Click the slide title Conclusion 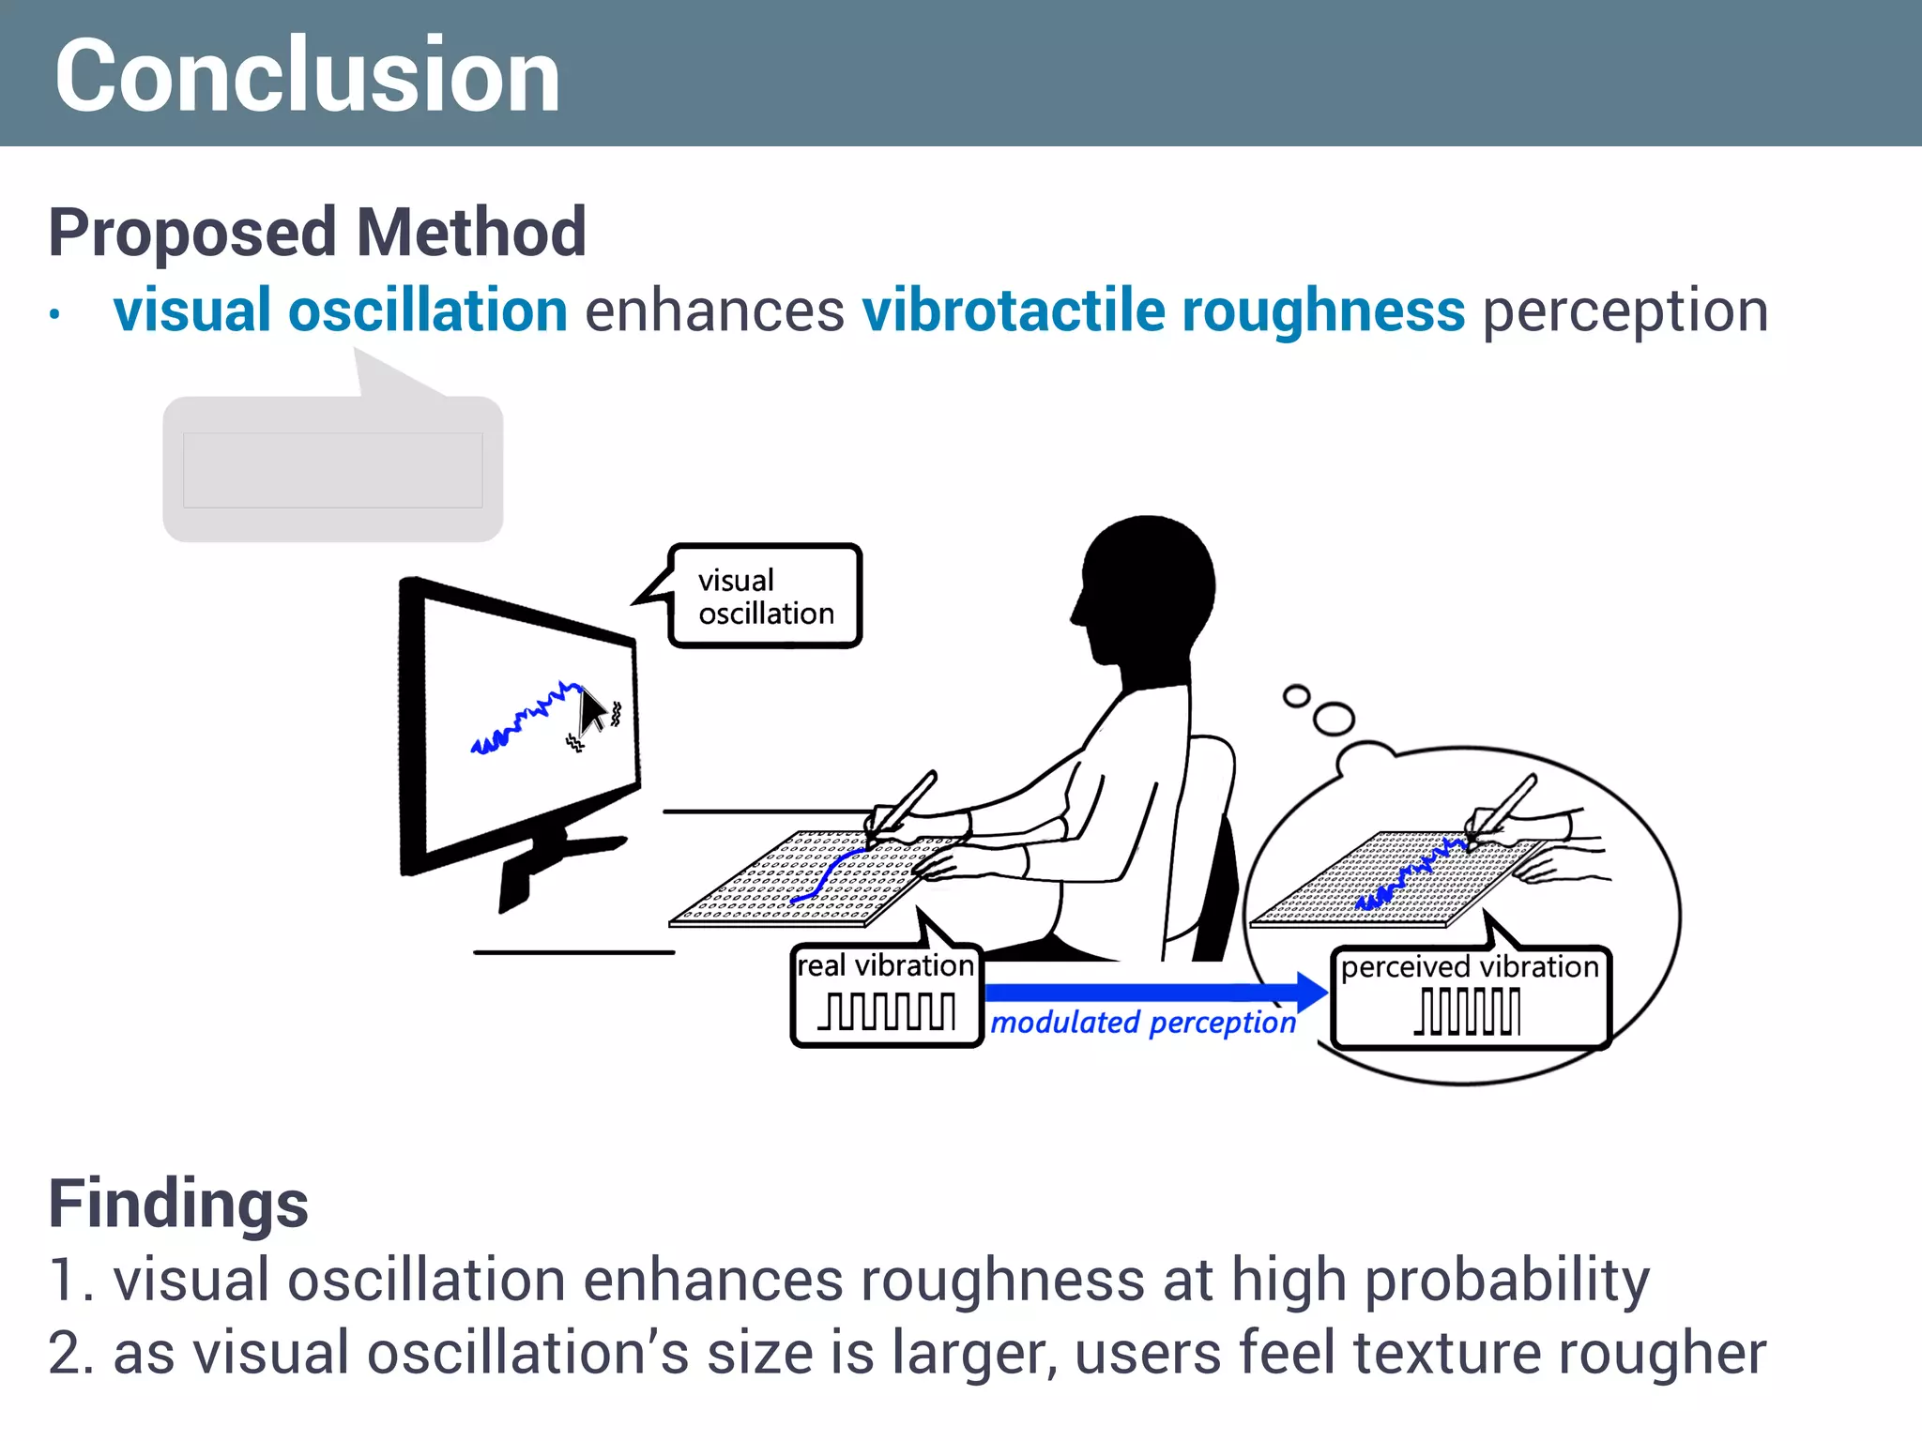tap(307, 75)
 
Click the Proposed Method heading tap(317, 232)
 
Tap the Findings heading tap(178, 1204)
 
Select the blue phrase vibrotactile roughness tap(1163, 311)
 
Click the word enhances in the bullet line tap(714, 311)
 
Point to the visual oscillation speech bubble tap(765, 597)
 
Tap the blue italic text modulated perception tap(1143, 1023)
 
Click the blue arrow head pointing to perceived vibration tap(1311, 992)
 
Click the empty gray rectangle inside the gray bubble tap(332, 470)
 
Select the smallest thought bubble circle tap(1296, 696)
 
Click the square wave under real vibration tap(887, 1011)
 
